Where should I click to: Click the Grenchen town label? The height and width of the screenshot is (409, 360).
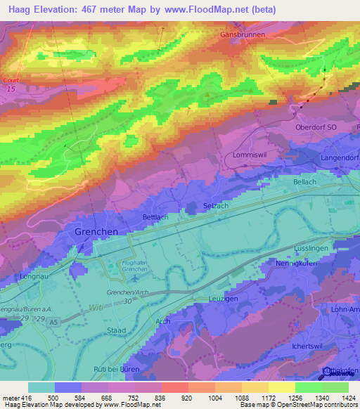point(96,231)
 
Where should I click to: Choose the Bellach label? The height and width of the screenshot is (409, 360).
point(304,182)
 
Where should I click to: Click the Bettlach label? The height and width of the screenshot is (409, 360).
point(156,217)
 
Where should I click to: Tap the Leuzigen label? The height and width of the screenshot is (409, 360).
point(225,298)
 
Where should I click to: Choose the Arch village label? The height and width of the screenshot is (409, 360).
point(163,321)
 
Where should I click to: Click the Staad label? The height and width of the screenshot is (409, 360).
point(117,330)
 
